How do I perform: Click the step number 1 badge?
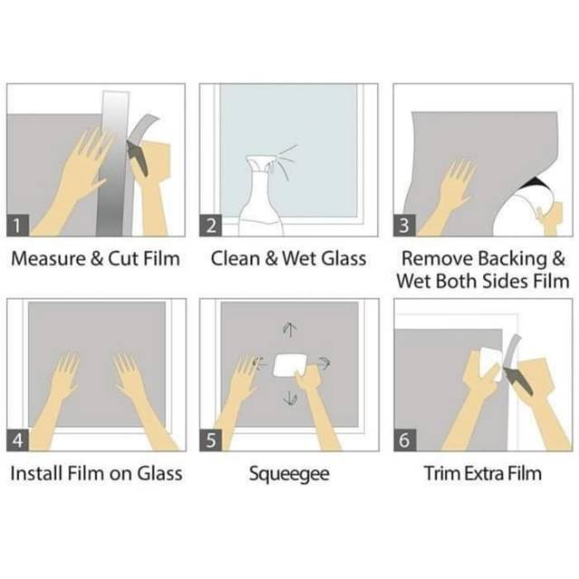[x=18, y=225]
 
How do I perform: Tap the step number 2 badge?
[x=211, y=225]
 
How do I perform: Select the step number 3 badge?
[x=404, y=225]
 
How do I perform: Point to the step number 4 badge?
[x=18, y=441]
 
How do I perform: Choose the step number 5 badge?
[x=211, y=441]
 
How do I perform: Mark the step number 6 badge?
[x=404, y=441]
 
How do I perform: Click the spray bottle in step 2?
[x=261, y=199]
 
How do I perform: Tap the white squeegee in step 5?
[x=289, y=365]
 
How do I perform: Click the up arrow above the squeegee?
[x=289, y=329]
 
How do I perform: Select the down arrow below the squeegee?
[x=289, y=398]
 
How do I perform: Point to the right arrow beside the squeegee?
[x=324, y=364]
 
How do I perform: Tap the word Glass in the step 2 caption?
[x=344, y=259]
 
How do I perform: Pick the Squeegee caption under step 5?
[x=289, y=475]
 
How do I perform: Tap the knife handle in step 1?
[x=138, y=157]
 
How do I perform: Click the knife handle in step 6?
[x=518, y=380]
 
